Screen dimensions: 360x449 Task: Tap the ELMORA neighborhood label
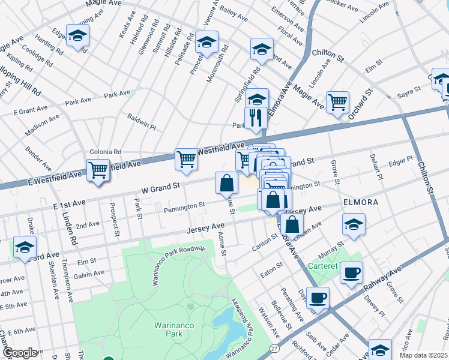click(x=360, y=202)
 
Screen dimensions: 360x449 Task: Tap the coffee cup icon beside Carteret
click(x=351, y=272)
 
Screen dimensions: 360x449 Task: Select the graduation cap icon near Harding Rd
click(x=78, y=36)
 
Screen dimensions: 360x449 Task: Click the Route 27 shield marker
click(x=274, y=348)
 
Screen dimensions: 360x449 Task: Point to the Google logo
click(x=19, y=352)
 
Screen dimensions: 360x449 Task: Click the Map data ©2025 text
click(x=424, y=355)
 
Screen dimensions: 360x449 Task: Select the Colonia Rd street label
click(x=105, y=152)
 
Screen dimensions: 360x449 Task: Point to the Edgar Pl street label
click(x=400, y=160)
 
